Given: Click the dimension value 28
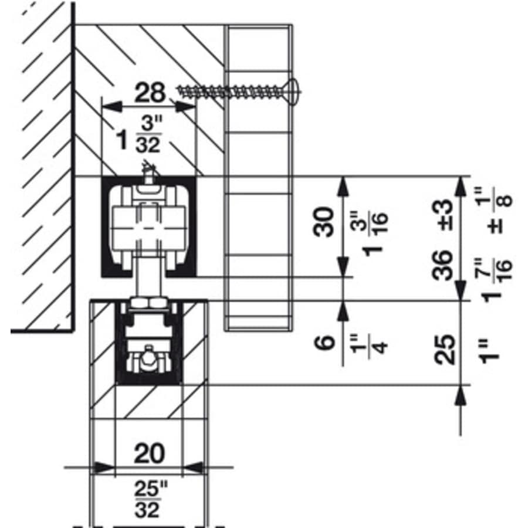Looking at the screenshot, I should click(x=150, y=93).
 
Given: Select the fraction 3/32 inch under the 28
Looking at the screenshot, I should click(x=146, y=136).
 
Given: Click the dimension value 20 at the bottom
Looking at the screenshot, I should click(x=149, y=453).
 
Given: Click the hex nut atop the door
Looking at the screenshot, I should click(x=149, y=303).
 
